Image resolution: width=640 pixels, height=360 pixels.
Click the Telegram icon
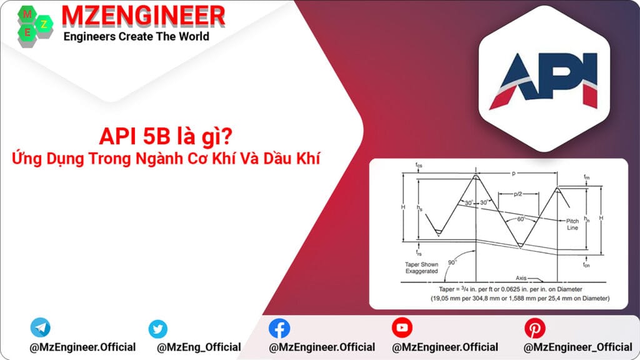40,327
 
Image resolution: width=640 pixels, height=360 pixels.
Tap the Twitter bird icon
158,329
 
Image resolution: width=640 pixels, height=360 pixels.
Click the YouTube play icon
402,327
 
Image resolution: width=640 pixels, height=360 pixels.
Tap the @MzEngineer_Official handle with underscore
577,347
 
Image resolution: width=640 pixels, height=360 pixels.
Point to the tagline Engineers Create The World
136,36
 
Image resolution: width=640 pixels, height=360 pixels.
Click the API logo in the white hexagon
542,80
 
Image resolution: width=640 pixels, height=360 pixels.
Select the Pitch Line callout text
572,224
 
